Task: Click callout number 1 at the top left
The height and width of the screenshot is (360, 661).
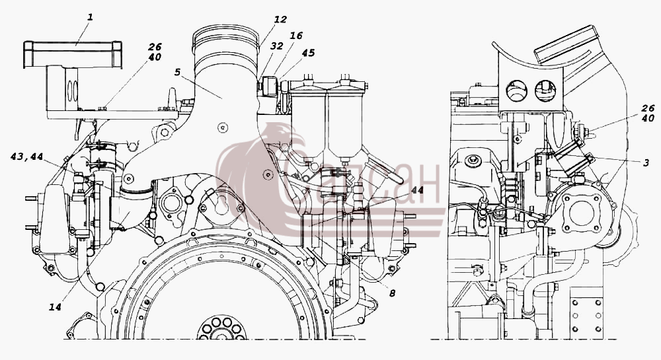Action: pos(90,18)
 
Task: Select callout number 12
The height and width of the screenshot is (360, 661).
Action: pos(280,19)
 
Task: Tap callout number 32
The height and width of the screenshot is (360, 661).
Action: pos(276,46)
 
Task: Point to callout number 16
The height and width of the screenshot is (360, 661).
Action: pos(296,36)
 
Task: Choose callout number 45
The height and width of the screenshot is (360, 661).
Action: pos(308,53)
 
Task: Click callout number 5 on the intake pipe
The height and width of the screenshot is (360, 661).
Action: pos(177,72)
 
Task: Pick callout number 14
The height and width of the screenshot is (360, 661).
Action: pos(56,307)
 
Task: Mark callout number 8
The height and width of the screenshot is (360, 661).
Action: pos(392,293)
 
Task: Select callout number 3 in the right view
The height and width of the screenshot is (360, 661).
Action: pos(646,163)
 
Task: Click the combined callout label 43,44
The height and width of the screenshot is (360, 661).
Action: pos(26,157)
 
